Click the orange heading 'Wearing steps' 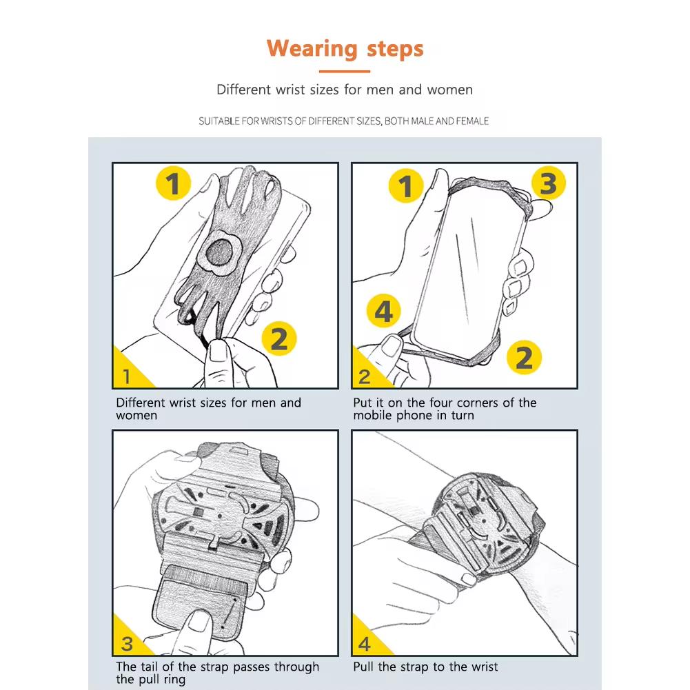pyautogui.click(x=345, y=50)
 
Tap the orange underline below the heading pyautogui.click(x=345, y=71)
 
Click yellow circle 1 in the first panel pyautogui.click(x=174, y=183)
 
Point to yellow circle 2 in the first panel pyautogui.click(x=279, y=339)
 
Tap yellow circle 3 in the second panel pyautogui.click(x=548, y=183)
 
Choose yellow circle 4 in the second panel pyautogui.click(x=383, y=311)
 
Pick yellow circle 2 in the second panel pyautogui.click(x=524, y=357)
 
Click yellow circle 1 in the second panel pyautogui.click(x=406, y=185)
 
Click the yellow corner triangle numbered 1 pyautogui.click(x=128, y=372)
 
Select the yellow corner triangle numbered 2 pyautogui.click(x=367, y=372)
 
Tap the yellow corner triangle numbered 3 pyautogui.click(x=128, y=640)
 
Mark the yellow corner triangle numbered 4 pyautogui.click(x=367, y=640)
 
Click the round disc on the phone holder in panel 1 pyautogui.click(x=220, y=254)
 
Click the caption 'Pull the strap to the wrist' pyautogui.click(x=425, y=667)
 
